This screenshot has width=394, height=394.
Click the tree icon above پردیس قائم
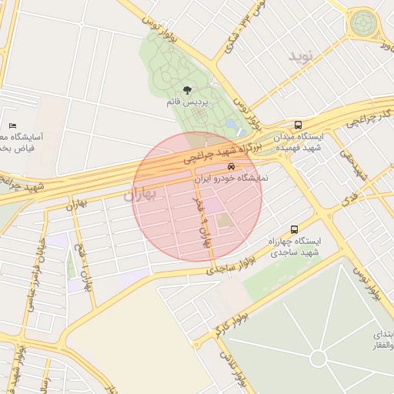coord(188,90)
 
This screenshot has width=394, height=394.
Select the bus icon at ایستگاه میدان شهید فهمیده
coord(298,125)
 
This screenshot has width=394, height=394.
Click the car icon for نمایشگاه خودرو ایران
coord(231,166)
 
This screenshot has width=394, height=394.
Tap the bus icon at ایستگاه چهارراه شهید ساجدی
coord(294,229)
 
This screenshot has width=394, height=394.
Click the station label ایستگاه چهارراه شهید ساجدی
coord(294,247)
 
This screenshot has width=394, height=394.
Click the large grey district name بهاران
coord(139,195)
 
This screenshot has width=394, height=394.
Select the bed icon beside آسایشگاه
coord(12,125)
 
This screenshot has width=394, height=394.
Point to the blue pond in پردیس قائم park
coord(231,125)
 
